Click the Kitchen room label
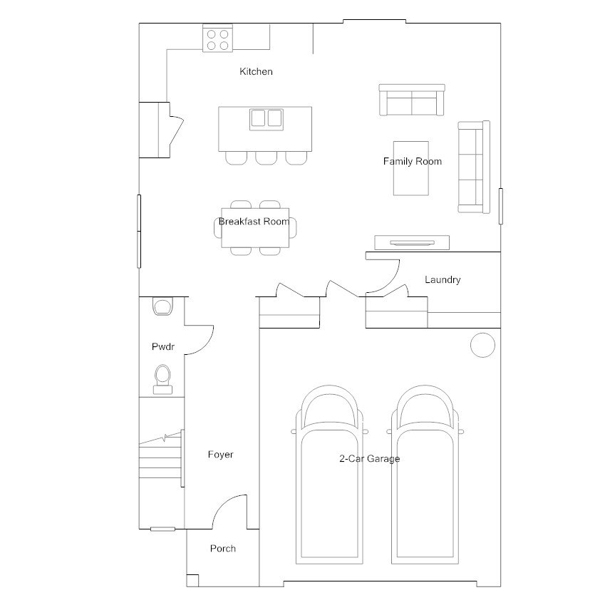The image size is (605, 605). click(256, 71)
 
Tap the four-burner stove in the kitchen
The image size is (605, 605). click(218, 38)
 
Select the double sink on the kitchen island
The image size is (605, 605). click(266, 118)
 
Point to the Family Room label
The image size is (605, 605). click(412, 161)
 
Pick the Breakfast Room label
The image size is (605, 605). click(254, 221)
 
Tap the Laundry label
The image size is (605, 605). click(443, 280)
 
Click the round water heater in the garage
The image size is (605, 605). click(482, 344)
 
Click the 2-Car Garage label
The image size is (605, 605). click(369, 458)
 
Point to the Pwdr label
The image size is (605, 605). click(163, 347)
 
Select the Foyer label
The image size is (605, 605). click(220, 454)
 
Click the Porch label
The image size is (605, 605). click(222, 548)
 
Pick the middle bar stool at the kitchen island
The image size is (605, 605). click(266, 157)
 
